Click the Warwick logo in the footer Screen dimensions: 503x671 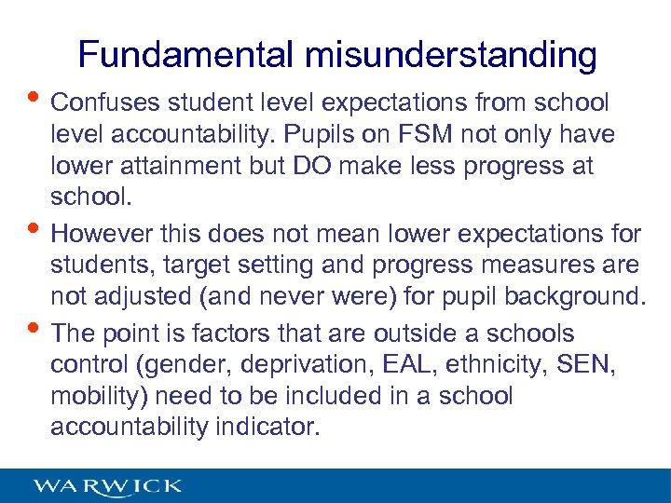click(x=108, y=486)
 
